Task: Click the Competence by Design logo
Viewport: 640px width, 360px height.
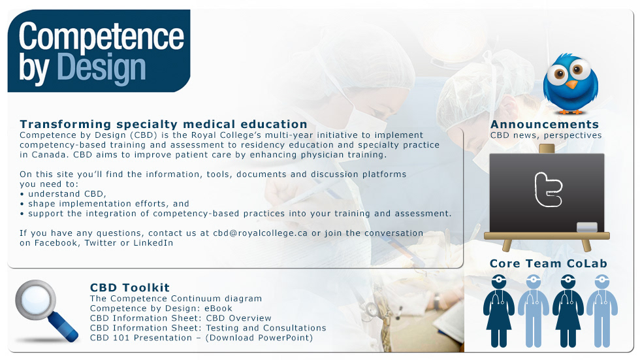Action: [x=99, y=51]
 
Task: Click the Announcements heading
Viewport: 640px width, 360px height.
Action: [x=545, y=124]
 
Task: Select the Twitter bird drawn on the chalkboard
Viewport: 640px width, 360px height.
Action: [x=548, y=189]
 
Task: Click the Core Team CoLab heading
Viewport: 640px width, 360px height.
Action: [x=549, y=264]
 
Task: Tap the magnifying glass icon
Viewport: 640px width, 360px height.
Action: [x=46, y=310]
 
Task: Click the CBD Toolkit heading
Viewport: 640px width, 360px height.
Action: [x=130, y=287]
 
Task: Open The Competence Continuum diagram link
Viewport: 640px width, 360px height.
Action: [x=176, y=299]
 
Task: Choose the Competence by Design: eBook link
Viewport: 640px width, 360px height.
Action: [x=161, y=308]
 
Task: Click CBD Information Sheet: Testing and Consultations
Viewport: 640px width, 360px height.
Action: [x=208, y=328]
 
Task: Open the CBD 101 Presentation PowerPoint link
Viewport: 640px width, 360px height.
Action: [x=202, y=338]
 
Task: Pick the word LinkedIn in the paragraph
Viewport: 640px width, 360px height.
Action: [x=153, y=243]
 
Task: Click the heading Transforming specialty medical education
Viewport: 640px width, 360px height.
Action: [x=163, y=124]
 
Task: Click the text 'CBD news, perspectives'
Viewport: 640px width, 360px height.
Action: [x=546, y=135]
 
